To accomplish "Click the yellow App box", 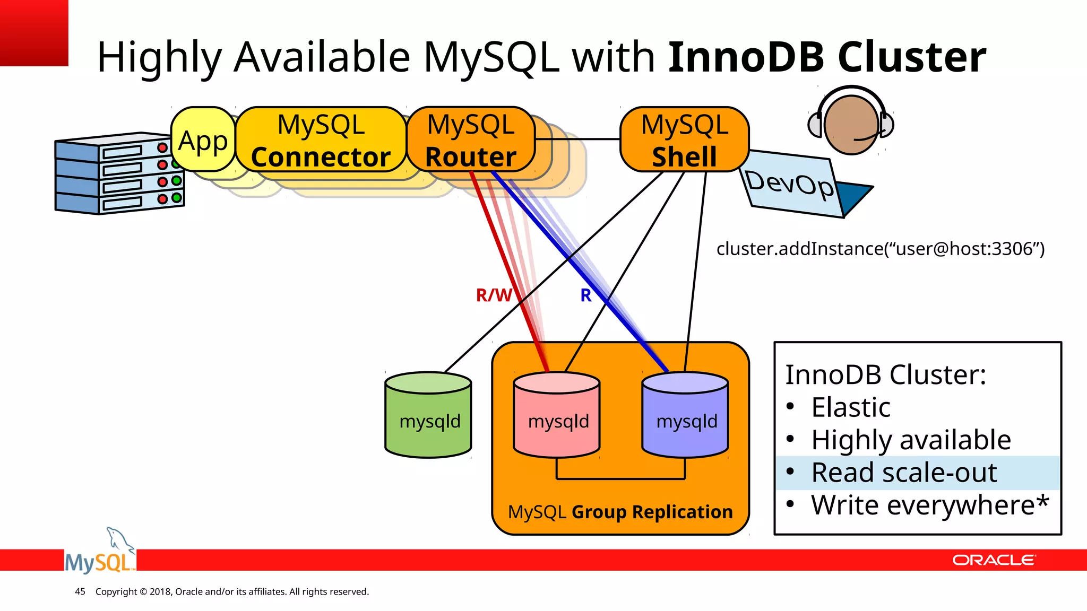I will (x=203, y=140).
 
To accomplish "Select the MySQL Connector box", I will (x=321, y=140).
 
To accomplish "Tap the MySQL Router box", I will (x=471, y=140).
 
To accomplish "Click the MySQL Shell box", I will (x=684, y=140).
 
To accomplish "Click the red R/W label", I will (x=494, y=295).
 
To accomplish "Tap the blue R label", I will (x=585, y=295).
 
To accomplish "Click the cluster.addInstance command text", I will (x=880, y=249).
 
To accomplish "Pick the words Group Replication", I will (x=652, y=512).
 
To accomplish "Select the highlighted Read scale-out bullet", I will (x=904, y=473).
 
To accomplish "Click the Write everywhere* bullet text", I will (x=929, y=505).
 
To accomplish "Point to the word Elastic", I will (x=850, y=407).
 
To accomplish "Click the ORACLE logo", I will (x=993, y=560).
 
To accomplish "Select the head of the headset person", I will (x=851, y=125).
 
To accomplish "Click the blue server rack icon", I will (x=119, y=174).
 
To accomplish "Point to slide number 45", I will (x=80, y=591).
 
